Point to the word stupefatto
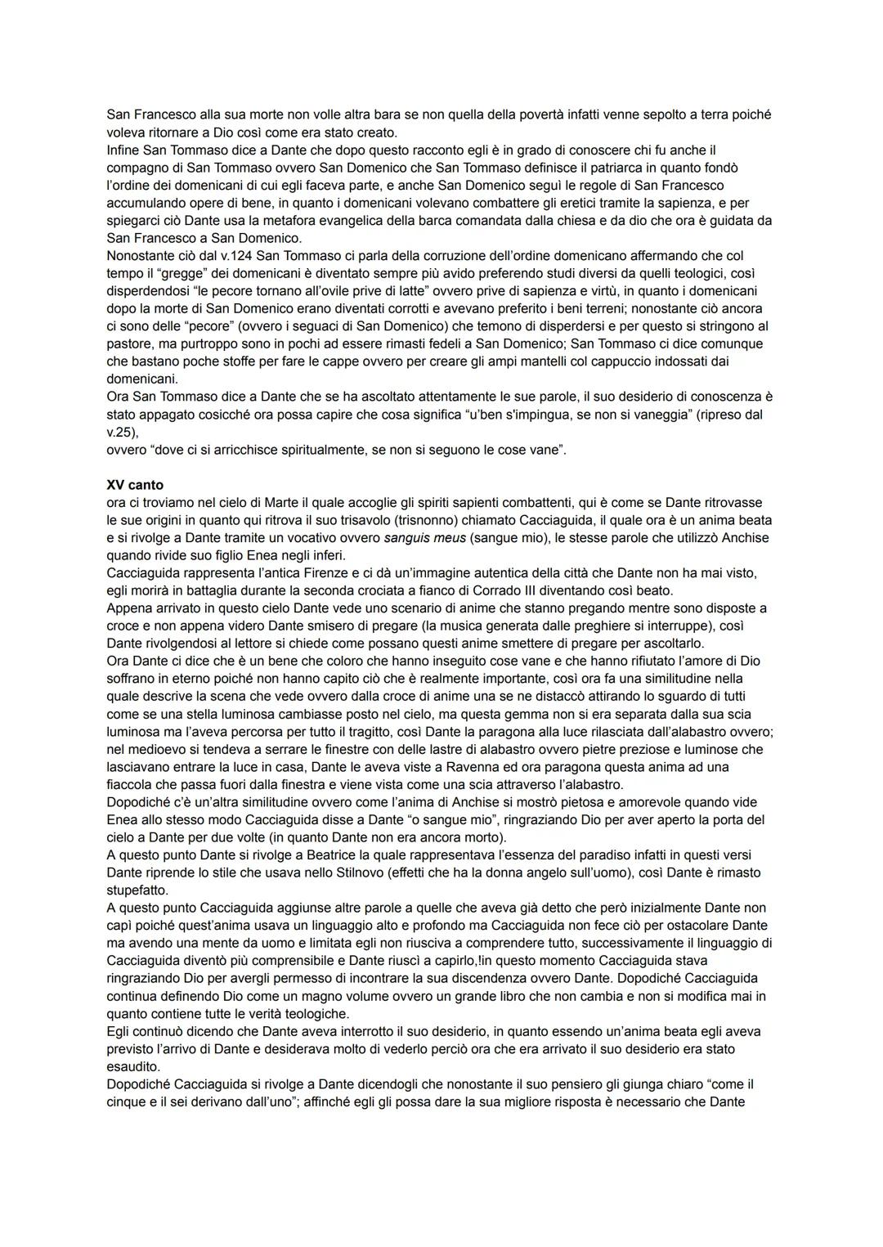coord(137,890)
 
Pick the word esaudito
coord(133,1066)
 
